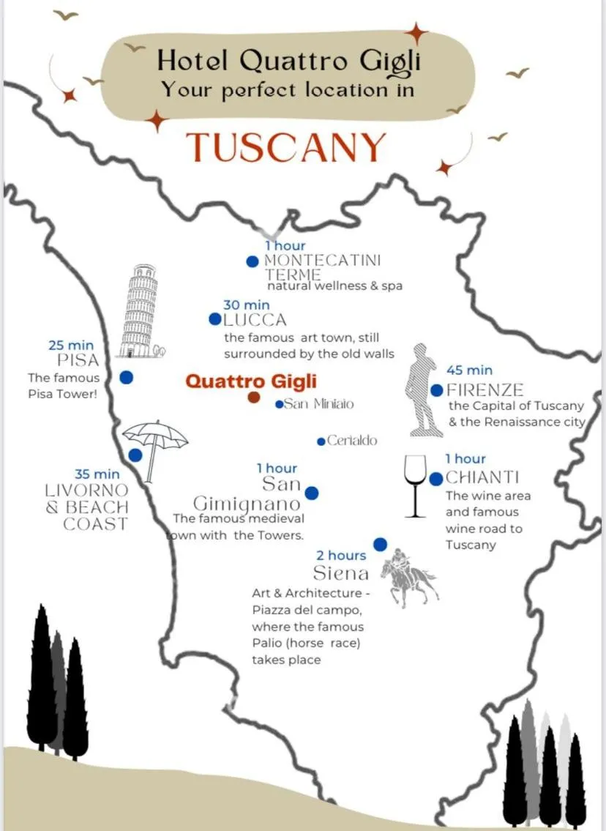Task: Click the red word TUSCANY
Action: (285, 148)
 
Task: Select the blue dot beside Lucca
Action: (214, 319)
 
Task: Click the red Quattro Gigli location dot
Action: (254, 398)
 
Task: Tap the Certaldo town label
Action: (352, 441)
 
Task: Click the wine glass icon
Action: (416, 484)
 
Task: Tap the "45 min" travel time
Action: (469, 370)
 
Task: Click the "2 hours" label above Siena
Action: (341, 556)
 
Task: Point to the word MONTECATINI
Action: (322, 260)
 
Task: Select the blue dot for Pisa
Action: (126, 378)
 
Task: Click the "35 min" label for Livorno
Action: (97, 474)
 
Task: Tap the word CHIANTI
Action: (482, 478)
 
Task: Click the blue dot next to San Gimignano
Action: (311, 493)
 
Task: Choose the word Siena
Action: (341, 573)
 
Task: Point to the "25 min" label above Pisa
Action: (71, 345)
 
